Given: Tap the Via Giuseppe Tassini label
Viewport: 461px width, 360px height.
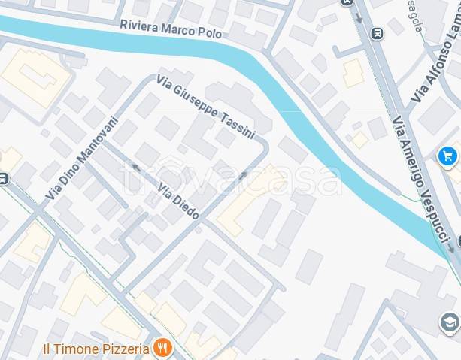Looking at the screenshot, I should (x=205, y=107).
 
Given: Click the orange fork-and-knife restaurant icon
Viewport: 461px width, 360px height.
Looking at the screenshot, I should (x=162, y=347).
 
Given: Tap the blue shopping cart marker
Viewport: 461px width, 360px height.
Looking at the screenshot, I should (x=447, y=156).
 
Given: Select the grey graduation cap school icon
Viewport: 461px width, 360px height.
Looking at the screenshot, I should (x=450, y=323).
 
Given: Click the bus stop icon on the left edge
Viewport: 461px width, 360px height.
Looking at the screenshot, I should (x=3, y=179).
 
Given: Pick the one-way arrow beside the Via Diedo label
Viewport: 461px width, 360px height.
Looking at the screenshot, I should (x=135, y=167).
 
